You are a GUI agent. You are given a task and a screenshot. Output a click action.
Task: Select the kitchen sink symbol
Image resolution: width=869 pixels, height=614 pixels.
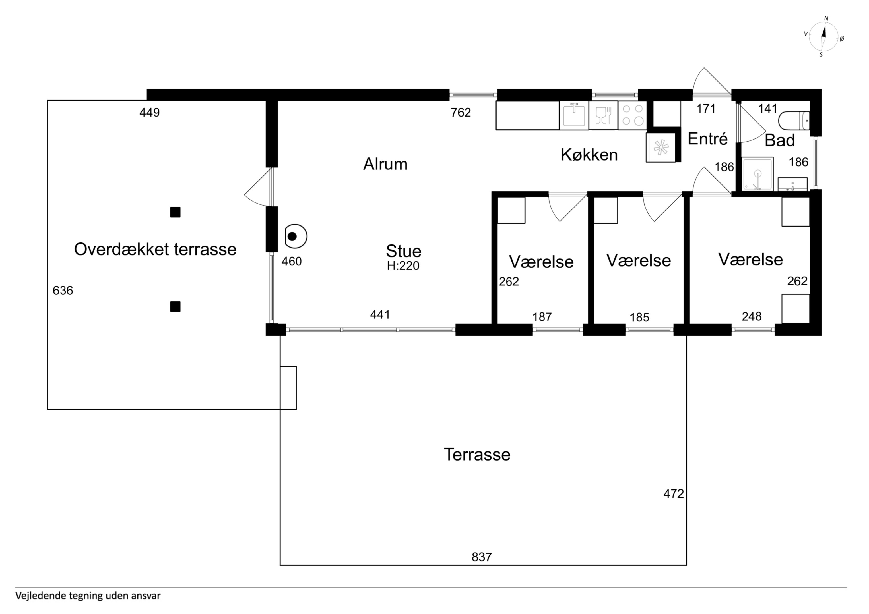pyautogui.click(x=574, y=115)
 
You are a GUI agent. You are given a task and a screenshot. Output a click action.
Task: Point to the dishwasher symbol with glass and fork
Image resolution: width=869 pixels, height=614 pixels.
pyautogui.click(x=603, y=115)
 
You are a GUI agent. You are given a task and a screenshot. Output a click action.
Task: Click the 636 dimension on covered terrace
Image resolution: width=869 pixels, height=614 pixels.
pyautogui.click(x=63, y=290)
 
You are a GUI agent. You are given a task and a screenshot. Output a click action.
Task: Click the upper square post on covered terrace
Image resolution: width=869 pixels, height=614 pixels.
pyautogui.click(x=175, y=212)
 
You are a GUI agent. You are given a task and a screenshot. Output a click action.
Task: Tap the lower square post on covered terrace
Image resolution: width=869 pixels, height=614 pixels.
pyautogui.click(x=175, y=306)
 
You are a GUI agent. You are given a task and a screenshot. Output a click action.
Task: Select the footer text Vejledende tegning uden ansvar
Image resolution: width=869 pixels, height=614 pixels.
pyautogui.click(x=88, y=596)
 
